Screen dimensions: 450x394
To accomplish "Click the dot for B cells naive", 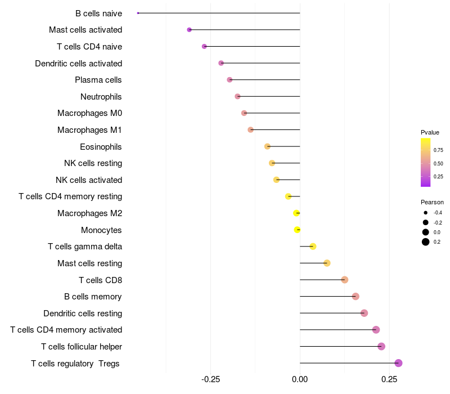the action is pyautogui.click(x=138, y=13).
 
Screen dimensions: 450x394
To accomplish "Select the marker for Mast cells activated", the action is pyautogui.click(x=189, y=30).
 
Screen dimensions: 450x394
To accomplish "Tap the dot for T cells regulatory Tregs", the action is pyautogui.click(x=398, y=363).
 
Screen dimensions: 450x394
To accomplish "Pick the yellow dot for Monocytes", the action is pyautogui.click(x=298, y=230).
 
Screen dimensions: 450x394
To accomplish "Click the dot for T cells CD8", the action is pyautogui.click(x=345, y=280).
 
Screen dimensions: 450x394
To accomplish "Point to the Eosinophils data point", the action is pyautogui.click(x=267, y=146).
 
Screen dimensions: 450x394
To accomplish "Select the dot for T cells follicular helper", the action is pyautogui.click(x=381, y=346).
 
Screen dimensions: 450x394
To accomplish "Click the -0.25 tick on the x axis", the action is pyautogui.click(x=210, y=379).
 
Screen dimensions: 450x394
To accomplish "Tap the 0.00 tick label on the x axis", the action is pyautogui.click(x=300, y=379).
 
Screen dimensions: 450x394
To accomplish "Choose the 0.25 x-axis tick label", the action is pyautogui.click(x=389, y=379).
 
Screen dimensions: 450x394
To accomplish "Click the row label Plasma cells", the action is pyautogui.click(x=98, y=80).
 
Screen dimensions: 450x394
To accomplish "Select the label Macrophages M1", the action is pyautogui.click(x=89, y=130).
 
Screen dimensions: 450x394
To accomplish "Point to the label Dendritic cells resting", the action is pyautogui.click(x=83, y=314).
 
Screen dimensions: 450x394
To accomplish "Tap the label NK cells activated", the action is pyautogui.click(x=89, y=180).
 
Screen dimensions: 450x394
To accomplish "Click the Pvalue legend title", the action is pyautogui.click(x=430, y=132).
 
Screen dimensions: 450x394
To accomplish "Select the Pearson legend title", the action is pyautogui.click(x=432, y=202).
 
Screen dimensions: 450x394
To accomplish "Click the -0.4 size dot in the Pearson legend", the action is pyautogui.click(x=426, y=213).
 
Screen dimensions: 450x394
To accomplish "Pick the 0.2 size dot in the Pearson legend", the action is pyautogui.click(x=426, y=242).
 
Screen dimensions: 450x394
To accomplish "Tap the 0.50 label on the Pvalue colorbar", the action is pyautogui.click(x=438, y=163).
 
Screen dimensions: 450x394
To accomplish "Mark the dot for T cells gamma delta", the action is pyautogui.click(x=313, y=247).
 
